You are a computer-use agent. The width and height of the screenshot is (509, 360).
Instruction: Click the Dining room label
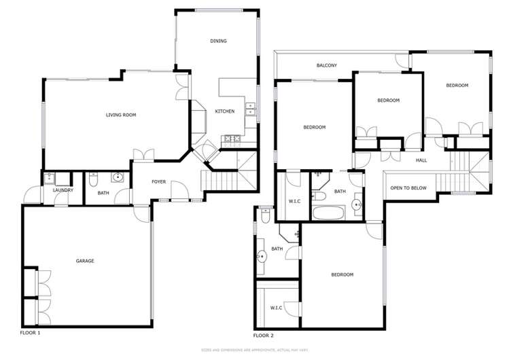coord(218,41)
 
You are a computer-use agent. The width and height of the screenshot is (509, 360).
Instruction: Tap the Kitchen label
coord(225,111)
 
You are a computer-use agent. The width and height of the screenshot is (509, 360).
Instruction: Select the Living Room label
coord(121,115)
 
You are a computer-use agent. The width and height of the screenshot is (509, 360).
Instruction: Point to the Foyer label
coord(158,182)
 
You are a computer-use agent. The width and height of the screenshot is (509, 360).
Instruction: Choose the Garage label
coord(85,261)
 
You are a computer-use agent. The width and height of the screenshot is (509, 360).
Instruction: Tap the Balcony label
coord(327,65)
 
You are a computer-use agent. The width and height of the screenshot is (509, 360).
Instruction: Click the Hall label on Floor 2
coord(421,160)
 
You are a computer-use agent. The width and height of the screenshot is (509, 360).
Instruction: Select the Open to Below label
coord(408,188)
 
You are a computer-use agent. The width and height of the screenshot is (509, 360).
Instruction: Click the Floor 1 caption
coord(31,333)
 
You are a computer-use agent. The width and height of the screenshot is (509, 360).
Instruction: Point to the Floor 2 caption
coord(263,335)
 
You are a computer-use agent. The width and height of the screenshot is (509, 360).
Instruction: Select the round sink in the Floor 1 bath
coord(118,179)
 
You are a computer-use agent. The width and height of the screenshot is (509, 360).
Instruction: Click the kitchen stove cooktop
coord(230,140)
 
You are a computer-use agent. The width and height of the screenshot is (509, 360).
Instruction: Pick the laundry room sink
coord(50,179)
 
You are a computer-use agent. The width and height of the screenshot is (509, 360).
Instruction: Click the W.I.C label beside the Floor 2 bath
coord(295,201)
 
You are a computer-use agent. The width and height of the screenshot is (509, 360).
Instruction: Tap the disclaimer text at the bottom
coord(254,350)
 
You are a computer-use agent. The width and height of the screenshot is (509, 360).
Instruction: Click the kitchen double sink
coord(250,107)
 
